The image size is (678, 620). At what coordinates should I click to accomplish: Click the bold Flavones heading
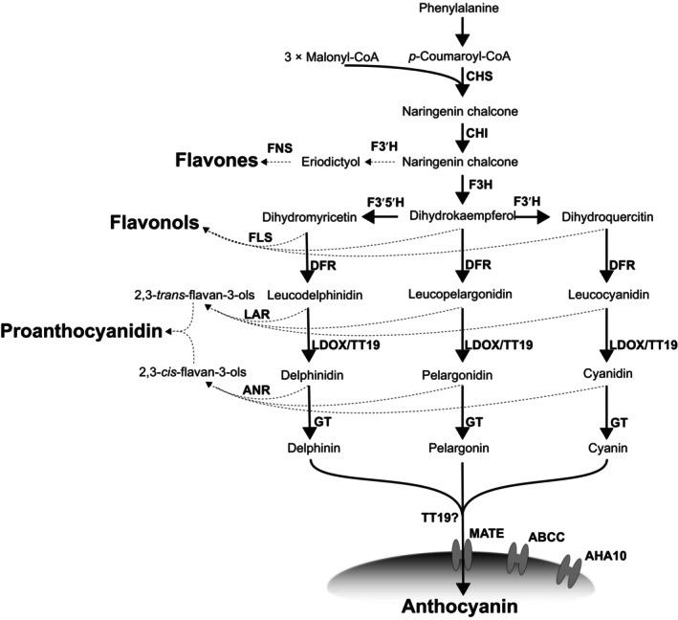tap(215, 161)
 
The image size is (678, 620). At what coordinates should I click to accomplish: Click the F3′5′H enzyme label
tap(386, 202)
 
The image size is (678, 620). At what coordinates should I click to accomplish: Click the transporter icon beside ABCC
tap(518, 556)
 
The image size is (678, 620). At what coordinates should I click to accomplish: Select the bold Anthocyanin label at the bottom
tap(462, 605)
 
